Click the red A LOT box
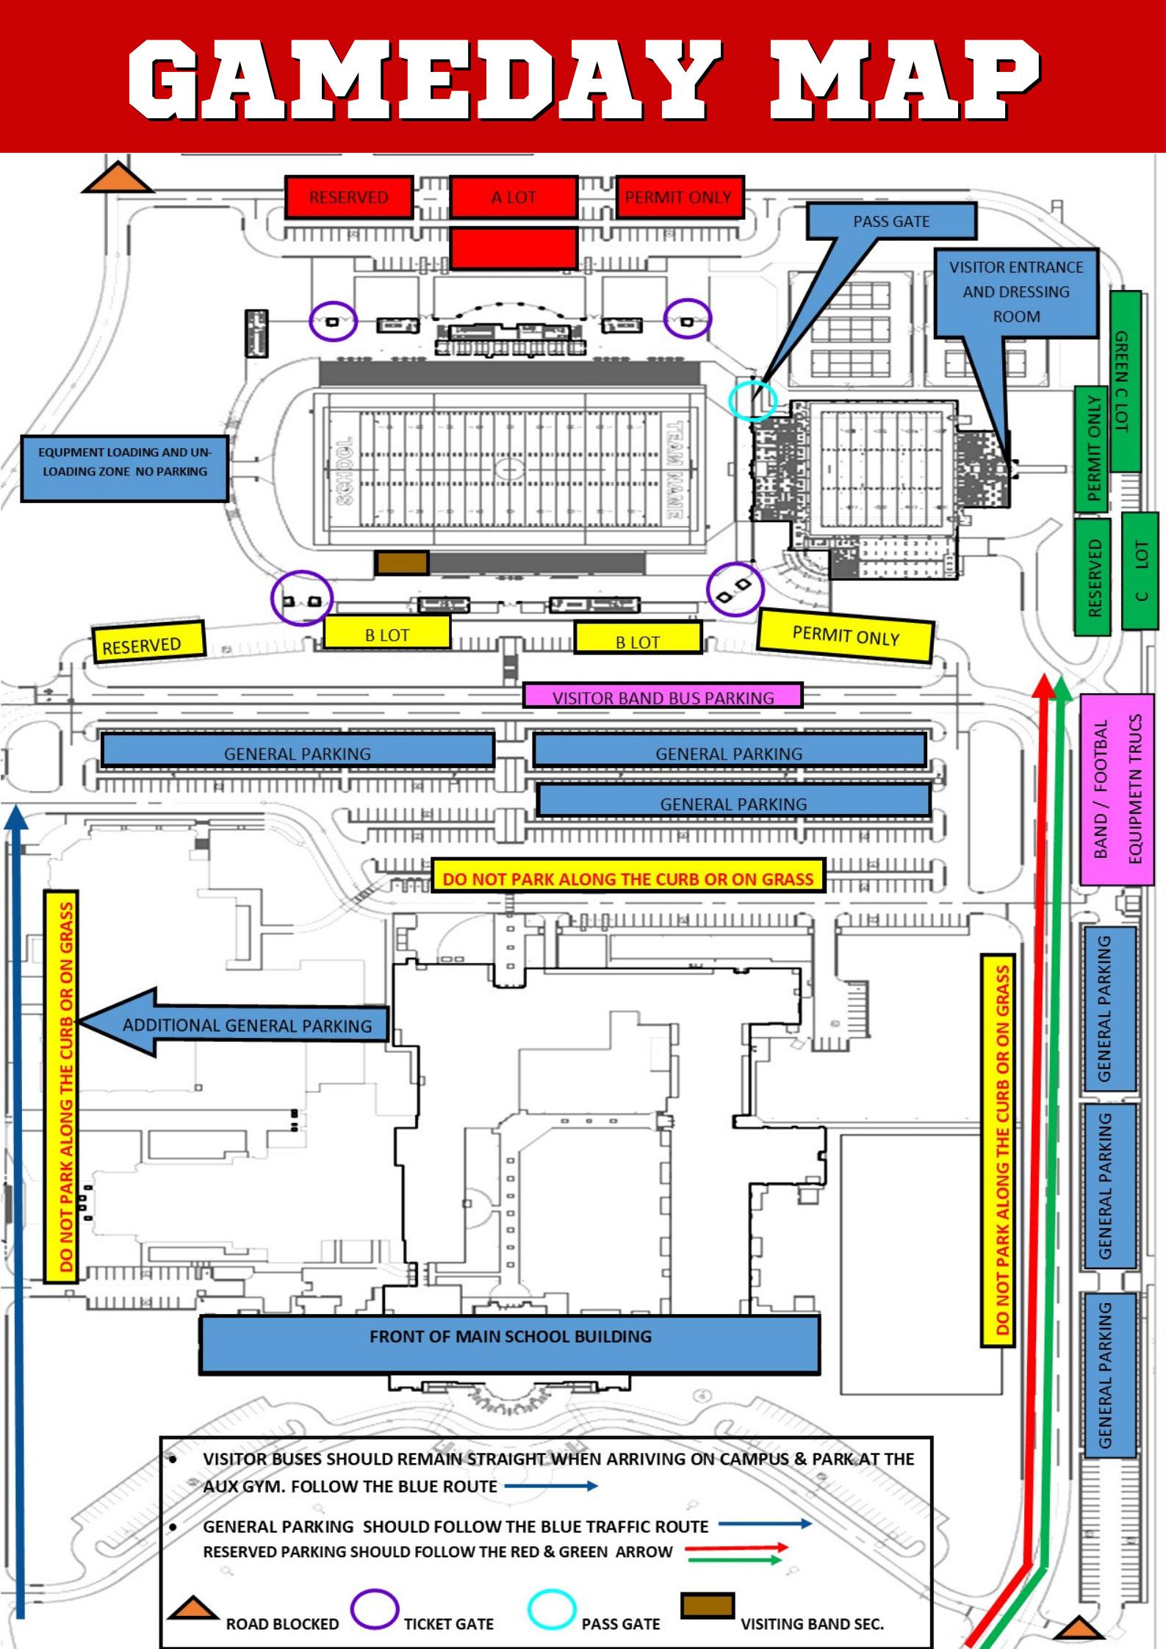pos(513,197)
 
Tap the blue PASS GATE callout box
pos(891,221)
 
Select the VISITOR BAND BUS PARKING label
pos(663,696)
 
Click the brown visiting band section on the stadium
pos(402,563)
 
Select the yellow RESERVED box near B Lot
pos(148,642)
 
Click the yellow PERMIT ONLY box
pos(845,635)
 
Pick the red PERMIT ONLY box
pos(679,197)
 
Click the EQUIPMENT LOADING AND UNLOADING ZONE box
pos(124,469)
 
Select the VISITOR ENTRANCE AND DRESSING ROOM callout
pos(1016,292)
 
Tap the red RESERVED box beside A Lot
pos(348,197)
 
